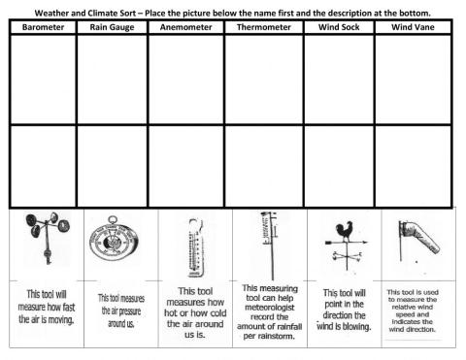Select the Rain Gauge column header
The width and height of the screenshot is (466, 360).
[x=112, y=28]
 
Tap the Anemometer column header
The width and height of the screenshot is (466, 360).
[x=184, y=28]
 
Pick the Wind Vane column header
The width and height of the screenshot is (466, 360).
[x=414, y=28]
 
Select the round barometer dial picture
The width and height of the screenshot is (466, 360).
[x=116, y=244]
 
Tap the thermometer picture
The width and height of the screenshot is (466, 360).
[x=190, y=246]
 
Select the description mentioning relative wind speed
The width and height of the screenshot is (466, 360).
[x=417, y=309]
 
